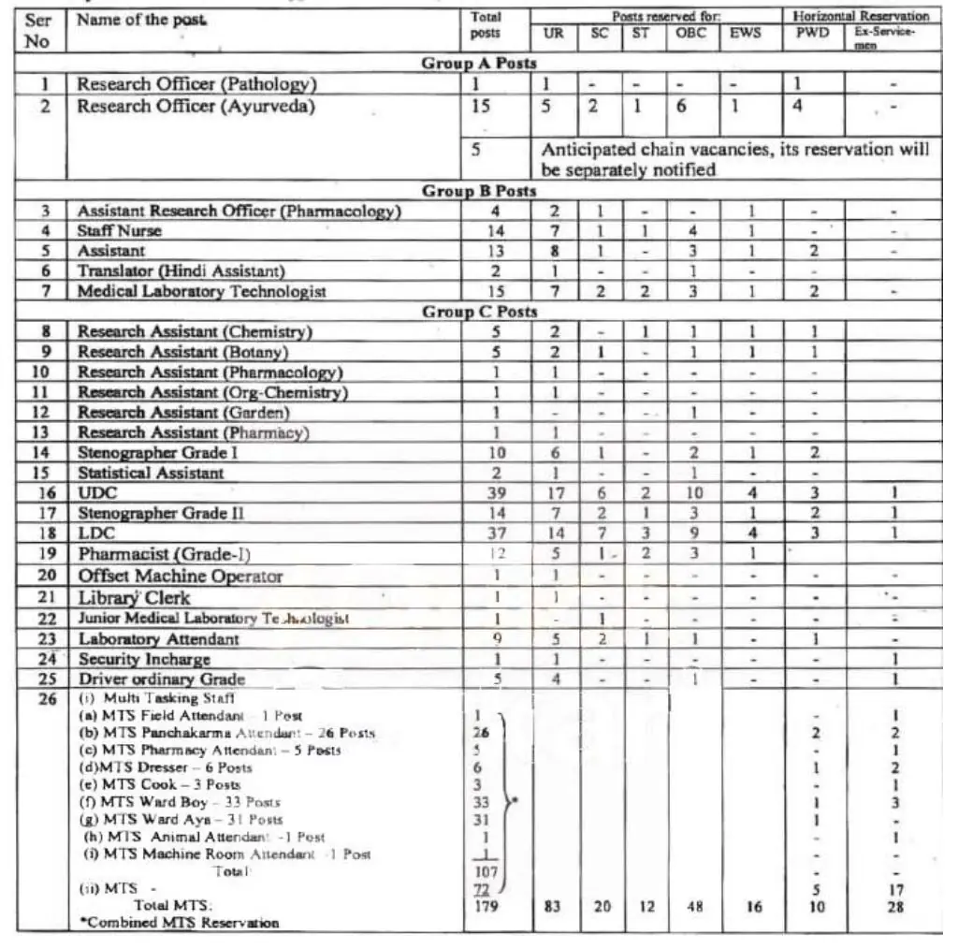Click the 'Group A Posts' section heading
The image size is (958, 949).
[478, 64]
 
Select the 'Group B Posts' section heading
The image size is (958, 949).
[478, 191]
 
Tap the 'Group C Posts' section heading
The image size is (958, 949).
[478, 312]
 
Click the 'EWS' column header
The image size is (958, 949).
[746, 33]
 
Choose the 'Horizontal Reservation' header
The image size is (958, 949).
[861, 16]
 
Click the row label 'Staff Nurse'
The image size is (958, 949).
[120, 231]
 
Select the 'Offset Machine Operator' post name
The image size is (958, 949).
[180, 577]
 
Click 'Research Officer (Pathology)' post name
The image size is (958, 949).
[197, 84]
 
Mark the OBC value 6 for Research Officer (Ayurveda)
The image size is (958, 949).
[682, 107]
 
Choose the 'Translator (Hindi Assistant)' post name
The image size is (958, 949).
[181, 271]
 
